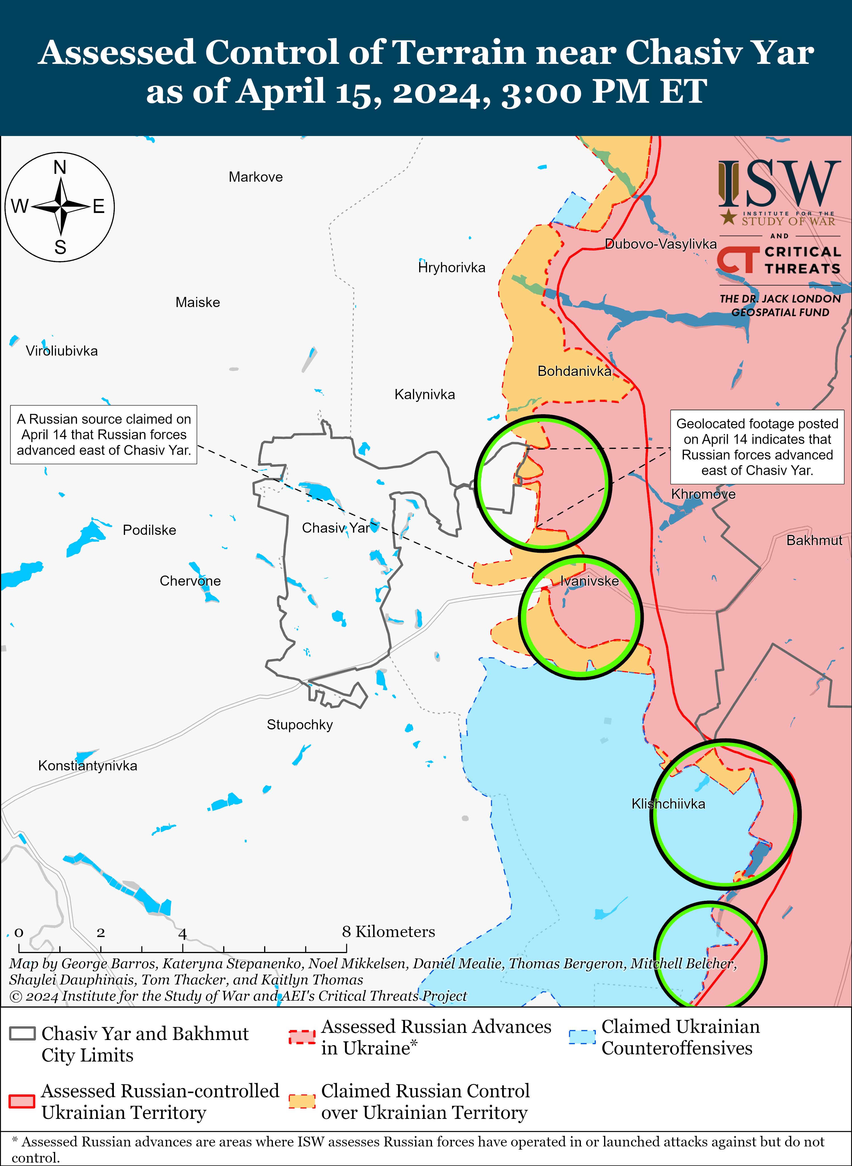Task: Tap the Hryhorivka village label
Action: click(452, 267)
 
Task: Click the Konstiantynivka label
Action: click(88, 765)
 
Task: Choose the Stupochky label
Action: click(300, 725)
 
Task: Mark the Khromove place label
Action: click(703, 494)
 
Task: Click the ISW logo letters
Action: click(779, 183)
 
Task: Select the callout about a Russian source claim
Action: click(104, 435)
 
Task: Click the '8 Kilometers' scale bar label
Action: click(388, 931)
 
